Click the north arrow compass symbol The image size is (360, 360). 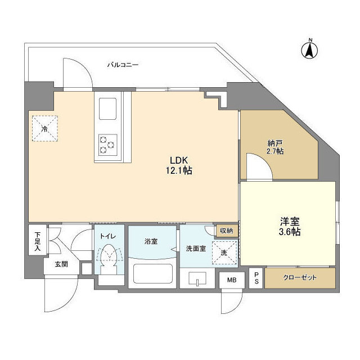pyautogui.click(x=309, y=48)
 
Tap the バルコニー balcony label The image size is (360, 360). pyautogui.click(x=123, y=65)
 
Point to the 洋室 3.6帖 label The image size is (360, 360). pyautogui.click(x=287, y=226)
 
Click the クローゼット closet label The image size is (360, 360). pyautogui.click(x=300, y=278)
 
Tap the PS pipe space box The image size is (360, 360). pyautogui.click(x=256, y=277)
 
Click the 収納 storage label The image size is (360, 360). pyautogui.click(x=226, y=231)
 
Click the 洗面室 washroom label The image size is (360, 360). pyautogui.click(x=193, y=249)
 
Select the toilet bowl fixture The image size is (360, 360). pyautogui.click(x=110, y=259)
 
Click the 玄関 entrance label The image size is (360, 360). pyautogui.click(x=61, y=264)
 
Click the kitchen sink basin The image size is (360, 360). pyautogui.click(x=107, y=108)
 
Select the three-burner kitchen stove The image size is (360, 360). pyautogui.click(x=107, y=143)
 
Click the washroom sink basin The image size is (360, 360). pyautogui.click(x=197, y=279)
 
